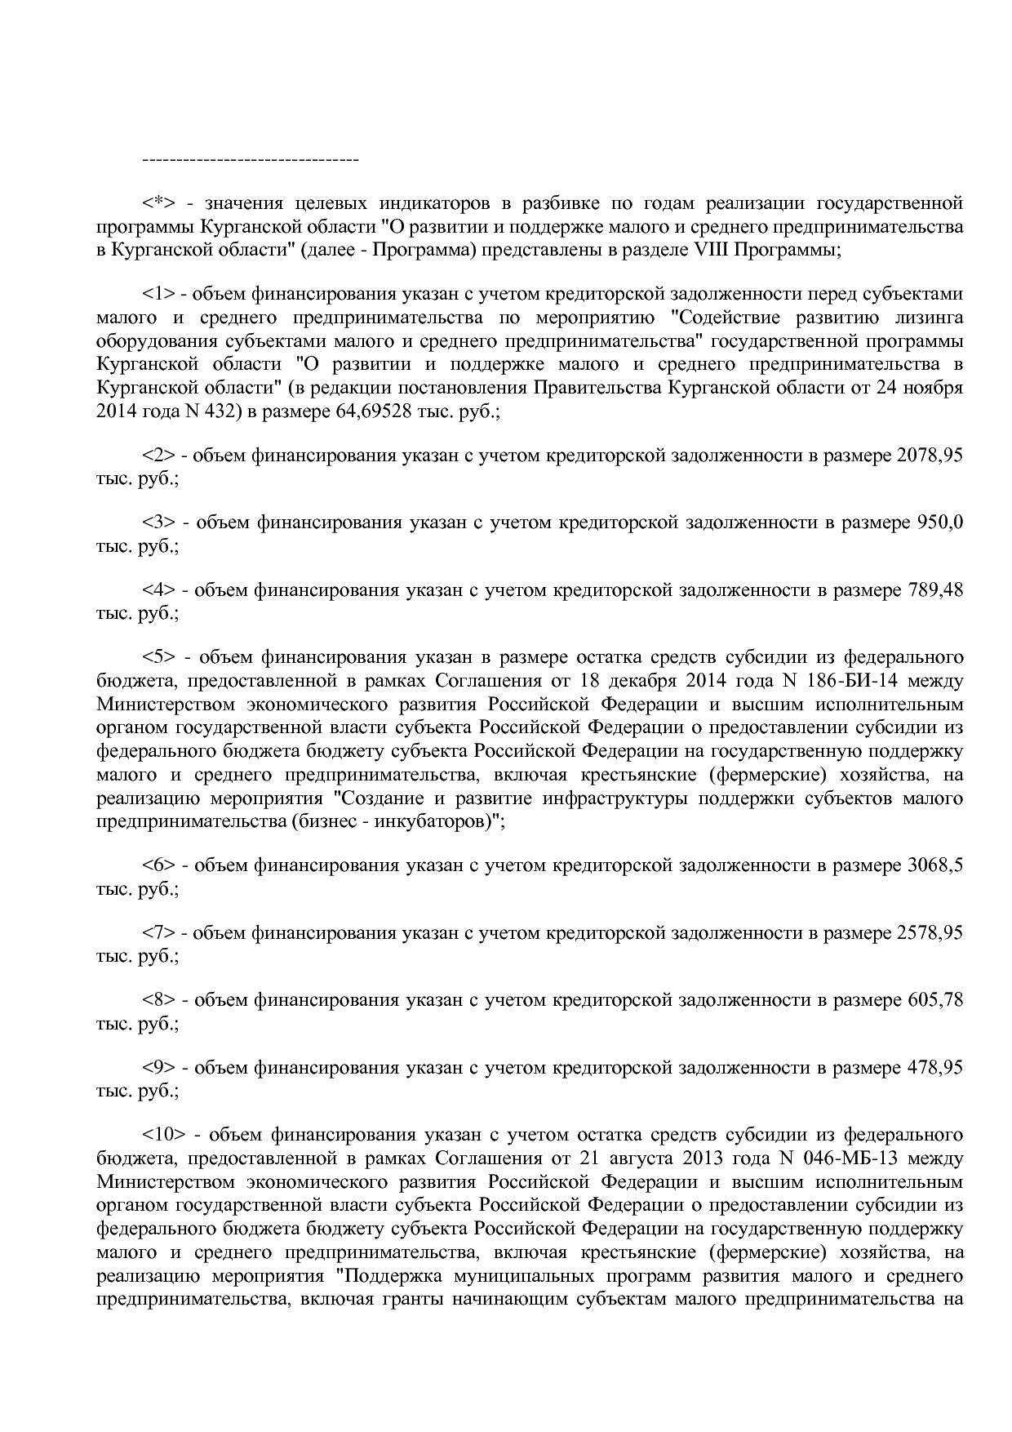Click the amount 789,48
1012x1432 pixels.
pyautogui.click(x=934, y=589)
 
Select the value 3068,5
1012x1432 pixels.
pyautogui.click(x=934, y=865)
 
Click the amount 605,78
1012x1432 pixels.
pyautogui.click(x=934, y=999)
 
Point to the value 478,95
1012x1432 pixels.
pyautogui.click(x=934, y=1067)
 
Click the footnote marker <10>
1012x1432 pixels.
pyautogui.click(x=164, y=1134)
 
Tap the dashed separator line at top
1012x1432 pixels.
pyautogui.click(x=251, y=158)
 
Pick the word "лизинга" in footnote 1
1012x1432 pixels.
pyautogui.click(x=930, y=318)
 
